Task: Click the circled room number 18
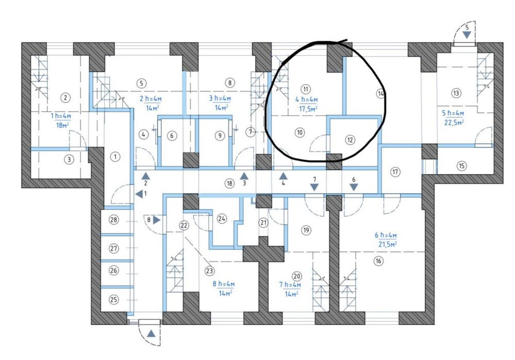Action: [x=229, y=183]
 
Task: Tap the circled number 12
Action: [x=350, y=140]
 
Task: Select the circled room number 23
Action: [x=209, y=271]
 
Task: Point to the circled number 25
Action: [x=113, y=299]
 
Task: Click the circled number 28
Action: [x=114, y=219]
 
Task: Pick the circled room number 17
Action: [x=395, y=172]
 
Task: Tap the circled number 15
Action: [x=461, y=166]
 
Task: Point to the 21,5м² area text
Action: [x=388, y=244]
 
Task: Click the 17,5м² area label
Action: [x=308, y=108]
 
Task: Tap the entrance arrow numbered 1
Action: [x=139, y=194]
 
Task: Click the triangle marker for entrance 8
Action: [x=157, y=220]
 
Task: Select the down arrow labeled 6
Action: [x=354, y=187]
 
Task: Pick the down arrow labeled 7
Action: [x=314, y=187]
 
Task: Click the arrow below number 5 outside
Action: [x=467, y=35]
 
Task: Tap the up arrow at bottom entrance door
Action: [x=151, y=334]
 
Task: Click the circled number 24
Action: [x=222, y=218]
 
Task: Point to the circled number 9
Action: [x=220, y=135]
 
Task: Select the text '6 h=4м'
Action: [x=386, y=235]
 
